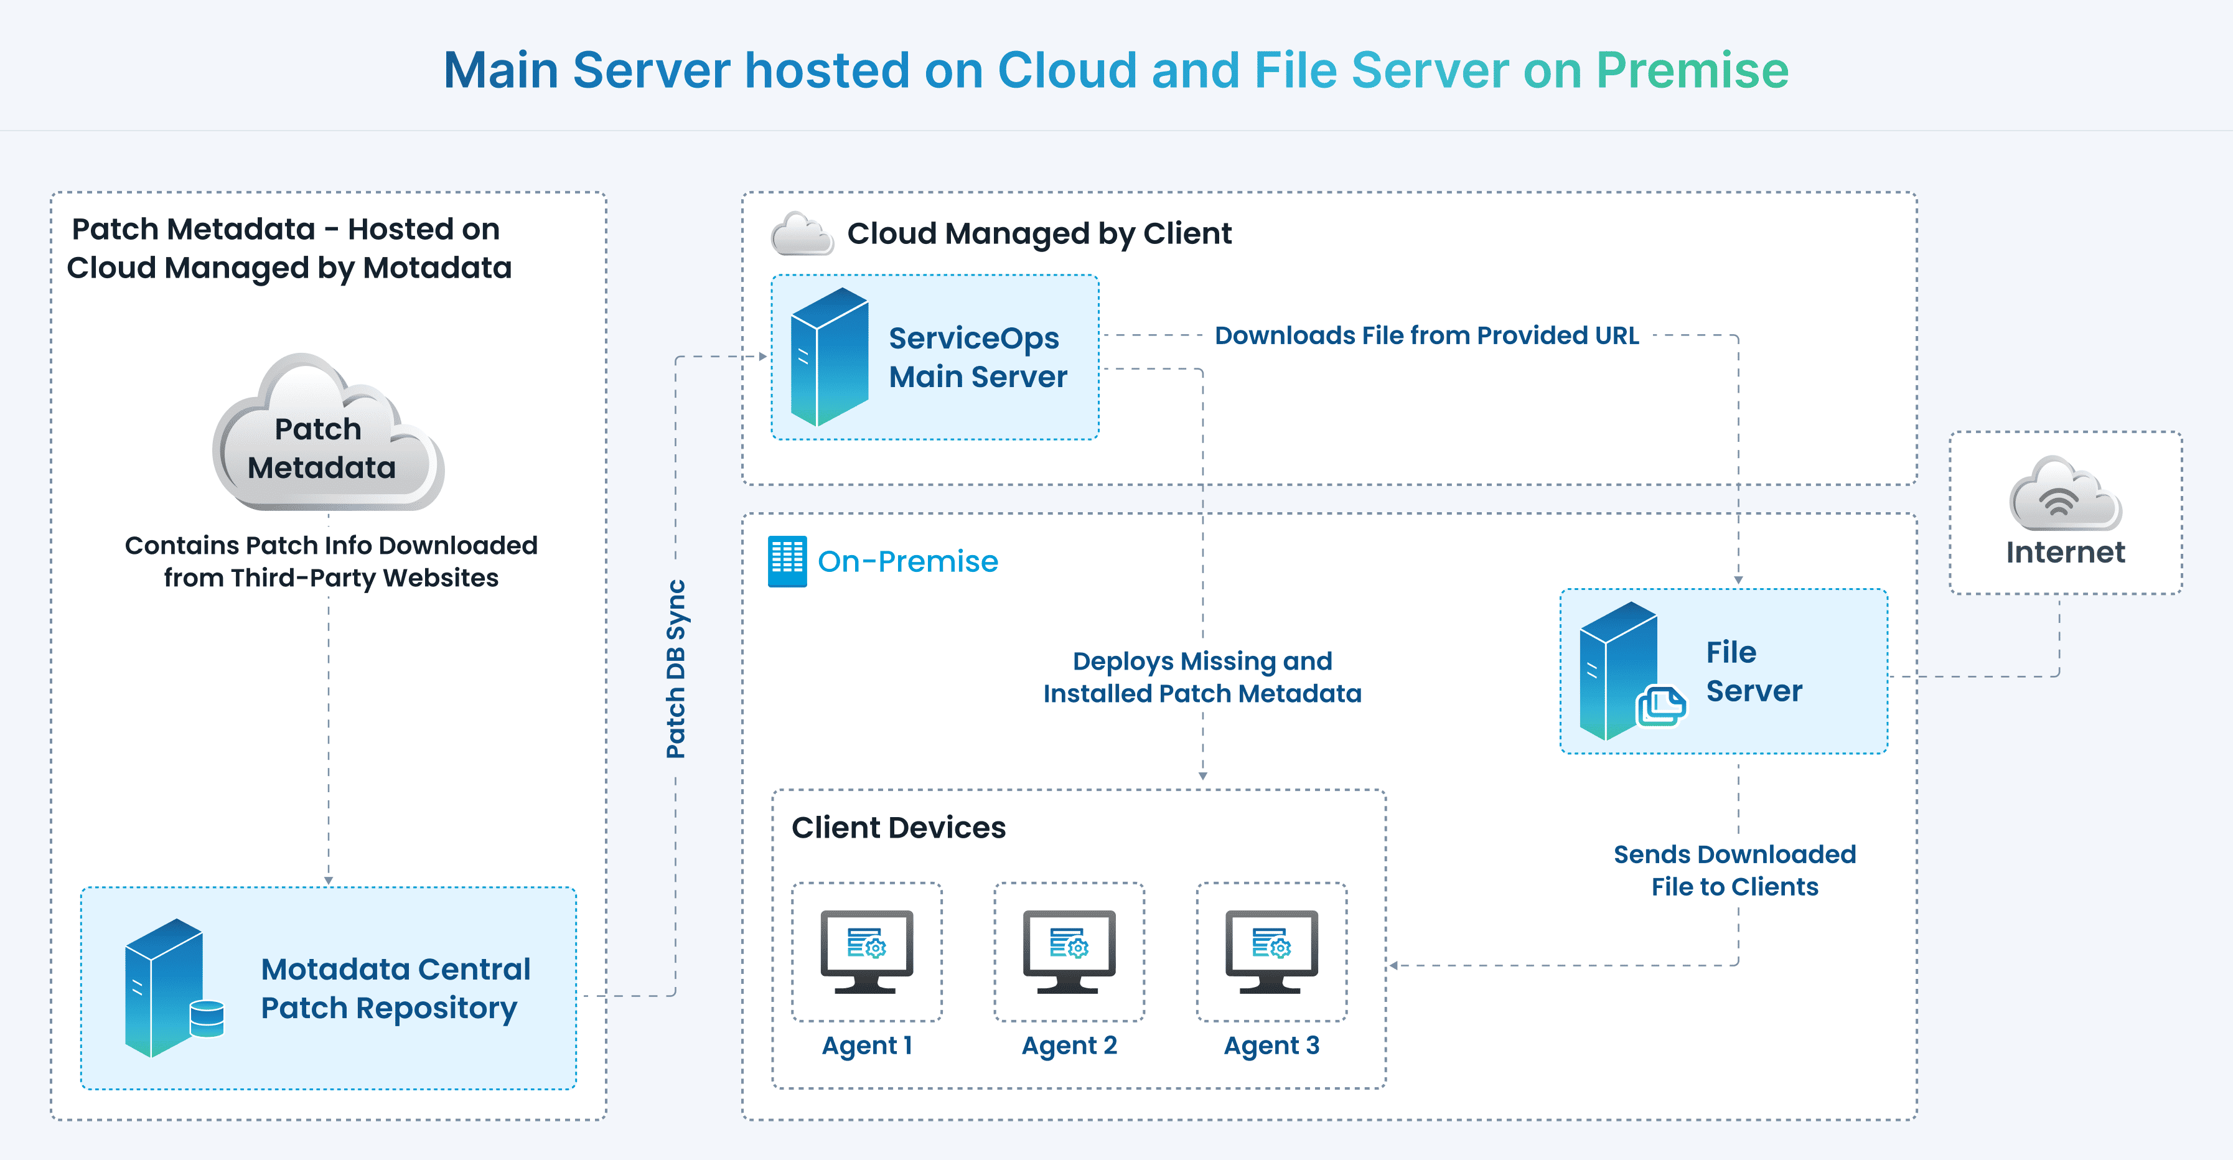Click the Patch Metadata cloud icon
pyautogui.click(x=327, y=434)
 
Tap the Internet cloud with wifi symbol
pyautogui.click(x=2065, y=496)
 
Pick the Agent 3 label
pyautogui.click(x=1271, y=1045)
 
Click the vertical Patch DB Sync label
pyautogui.click(x=676, y=668)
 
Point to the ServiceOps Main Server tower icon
pyautogui.click(x=829, y=357)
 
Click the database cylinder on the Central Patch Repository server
pyautogui.click(x=207, y=1019)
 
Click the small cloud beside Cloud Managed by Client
pyautogui.click(x=802, y=234)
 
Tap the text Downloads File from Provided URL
pyautogui.click(x=1426, y=335)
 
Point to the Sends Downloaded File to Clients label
pyautogui.click(x=1734, y=871)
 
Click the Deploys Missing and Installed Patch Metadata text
pyautogui.click(x=1202, y=677)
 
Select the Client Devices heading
pyautogui.click(x=898, y=828)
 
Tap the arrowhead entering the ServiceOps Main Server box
pyautogui.click(x=763, y=357)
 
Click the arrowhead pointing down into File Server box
pyautogui.click(x=1738, y=580)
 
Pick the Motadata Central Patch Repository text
pyautogui.click(x=395, y=988)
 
